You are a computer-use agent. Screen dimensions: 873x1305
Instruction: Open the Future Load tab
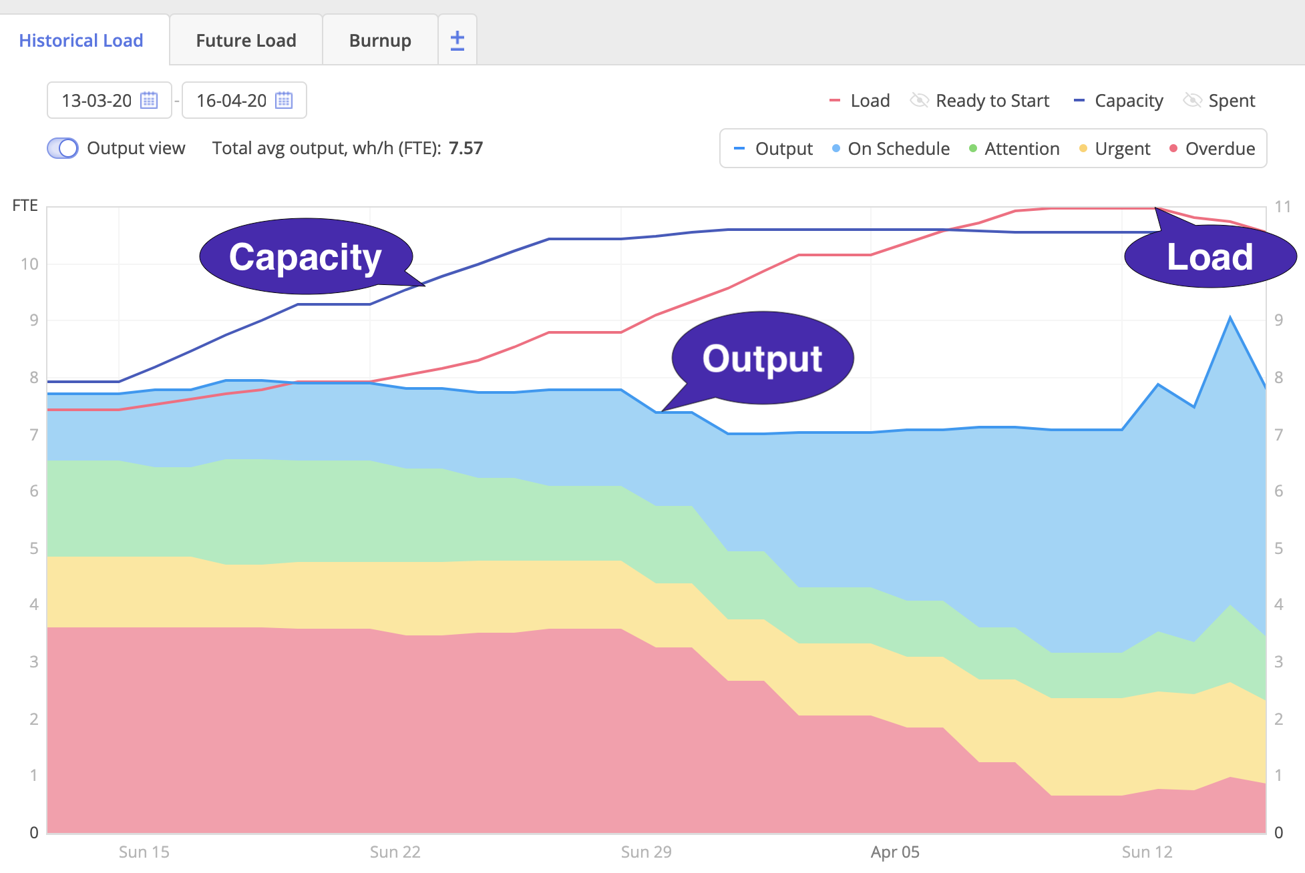tap(246, 41)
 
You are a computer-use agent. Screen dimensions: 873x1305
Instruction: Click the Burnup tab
tap(380, 41)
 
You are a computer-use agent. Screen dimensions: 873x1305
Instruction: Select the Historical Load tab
tap(81, 41)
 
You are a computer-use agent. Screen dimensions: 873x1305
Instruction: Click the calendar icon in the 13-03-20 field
tap(149, 100)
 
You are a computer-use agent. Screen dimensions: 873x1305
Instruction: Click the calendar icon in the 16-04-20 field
tap(284, 100)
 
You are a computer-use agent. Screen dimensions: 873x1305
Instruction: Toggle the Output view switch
tap(63, 148)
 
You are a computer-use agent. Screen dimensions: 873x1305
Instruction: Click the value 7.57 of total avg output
tap(465, 148)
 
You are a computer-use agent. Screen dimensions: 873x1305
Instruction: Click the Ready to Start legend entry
tap(980, 101)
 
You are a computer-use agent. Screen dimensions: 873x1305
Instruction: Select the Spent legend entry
tap(1220, 101)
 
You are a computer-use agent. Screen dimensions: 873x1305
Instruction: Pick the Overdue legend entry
tap(1212, 149)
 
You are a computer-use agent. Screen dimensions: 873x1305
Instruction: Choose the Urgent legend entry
tap(1115, 149)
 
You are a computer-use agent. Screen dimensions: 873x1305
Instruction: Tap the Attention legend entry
tap(1014, 149)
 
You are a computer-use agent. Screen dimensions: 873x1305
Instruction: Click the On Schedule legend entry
tap(891, 149)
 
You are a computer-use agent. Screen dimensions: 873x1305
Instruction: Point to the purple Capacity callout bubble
tap(305, 257)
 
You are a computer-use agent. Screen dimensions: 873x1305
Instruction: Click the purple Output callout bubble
tap(762, 358)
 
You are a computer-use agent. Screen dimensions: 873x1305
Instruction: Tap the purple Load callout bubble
tap(1209, 257)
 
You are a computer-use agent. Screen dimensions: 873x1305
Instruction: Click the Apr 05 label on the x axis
tap(895, 852)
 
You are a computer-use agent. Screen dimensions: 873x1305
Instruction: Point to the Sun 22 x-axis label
tap(395, 852)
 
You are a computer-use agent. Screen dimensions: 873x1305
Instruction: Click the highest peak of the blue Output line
tap(1230, 318)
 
